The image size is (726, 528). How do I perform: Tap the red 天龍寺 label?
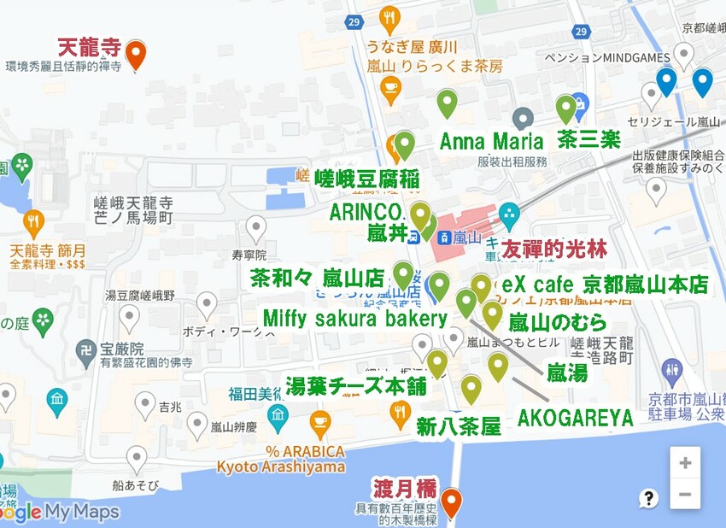[89, 46]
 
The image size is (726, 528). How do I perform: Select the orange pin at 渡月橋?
[450, 502]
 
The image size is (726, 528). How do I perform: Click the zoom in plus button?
[685, 463]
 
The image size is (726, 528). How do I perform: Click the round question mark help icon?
[649, 498]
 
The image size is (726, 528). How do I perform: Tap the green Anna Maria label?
[491, 141]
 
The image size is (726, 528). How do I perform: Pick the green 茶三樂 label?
[588, 139]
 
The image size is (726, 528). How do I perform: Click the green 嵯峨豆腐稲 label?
[366, 179]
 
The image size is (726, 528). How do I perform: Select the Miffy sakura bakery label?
[354, 319]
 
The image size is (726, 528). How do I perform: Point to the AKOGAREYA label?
[575, 418]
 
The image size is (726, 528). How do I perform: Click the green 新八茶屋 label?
[458, 427]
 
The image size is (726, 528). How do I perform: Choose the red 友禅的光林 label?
[553, 249]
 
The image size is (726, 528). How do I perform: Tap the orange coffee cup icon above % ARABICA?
[319, 420]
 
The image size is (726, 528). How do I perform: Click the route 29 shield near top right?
[581, 32]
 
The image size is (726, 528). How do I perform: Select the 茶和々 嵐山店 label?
[316, 279]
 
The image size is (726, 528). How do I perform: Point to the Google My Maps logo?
[60, 512]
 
